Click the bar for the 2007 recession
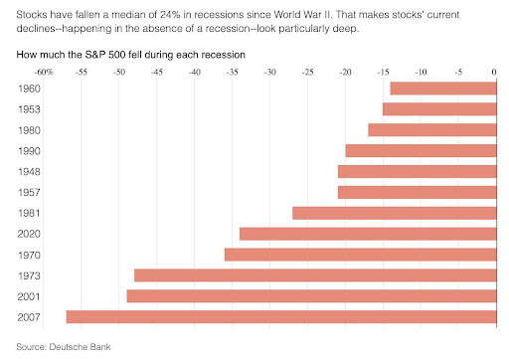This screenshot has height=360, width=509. (281, 317)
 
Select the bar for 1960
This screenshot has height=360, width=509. (443, 89)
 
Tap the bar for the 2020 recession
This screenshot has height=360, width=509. (368, 234)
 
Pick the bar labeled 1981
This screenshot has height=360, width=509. (395, 213)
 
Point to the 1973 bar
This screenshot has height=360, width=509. (315, 275)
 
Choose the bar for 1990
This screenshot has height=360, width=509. (422, 151)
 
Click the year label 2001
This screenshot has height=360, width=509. (29, 296)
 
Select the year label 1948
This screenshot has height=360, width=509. (29, 172)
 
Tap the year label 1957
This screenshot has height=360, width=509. (29, 192)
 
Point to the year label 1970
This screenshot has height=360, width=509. (29, 255)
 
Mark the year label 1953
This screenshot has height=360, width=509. (29, 109)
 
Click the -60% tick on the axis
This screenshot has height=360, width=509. (44, 72)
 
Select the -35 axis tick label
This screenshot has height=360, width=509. (233, 72)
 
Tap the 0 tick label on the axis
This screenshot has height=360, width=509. (494, 72)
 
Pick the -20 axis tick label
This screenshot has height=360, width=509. (345, 72)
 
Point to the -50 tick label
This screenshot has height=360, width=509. (119, 72)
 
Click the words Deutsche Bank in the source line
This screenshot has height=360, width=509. (80, 347)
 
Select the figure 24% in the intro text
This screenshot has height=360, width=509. (170, 15)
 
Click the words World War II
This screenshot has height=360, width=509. (302, 15)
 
